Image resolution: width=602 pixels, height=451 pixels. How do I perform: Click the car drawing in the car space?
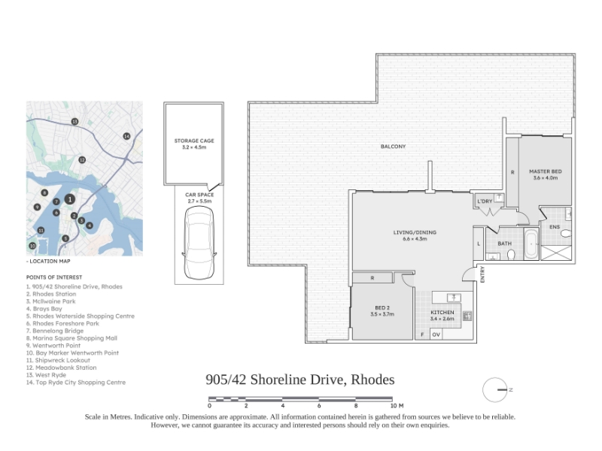coord(199,242)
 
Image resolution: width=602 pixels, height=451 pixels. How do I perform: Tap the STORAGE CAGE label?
coord(194,141)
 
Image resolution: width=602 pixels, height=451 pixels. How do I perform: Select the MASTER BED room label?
coord(545,171)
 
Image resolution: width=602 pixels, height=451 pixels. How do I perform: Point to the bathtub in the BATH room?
coord(531,244)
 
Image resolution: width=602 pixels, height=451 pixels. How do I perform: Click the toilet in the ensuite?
coord(566,233)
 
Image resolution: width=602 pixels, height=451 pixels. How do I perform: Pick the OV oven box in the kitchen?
coord(436,334)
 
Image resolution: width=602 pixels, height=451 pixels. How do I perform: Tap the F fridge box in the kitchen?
coord(422,334)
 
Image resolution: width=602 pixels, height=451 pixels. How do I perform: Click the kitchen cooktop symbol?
coord(467,316)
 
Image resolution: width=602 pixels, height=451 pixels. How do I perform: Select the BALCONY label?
coord(393,147)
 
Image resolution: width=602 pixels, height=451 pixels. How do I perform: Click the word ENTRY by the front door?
coord(482,274)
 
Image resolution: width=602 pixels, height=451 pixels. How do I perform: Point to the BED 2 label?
coord(382,307)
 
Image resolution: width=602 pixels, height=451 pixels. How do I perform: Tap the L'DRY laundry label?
coord(485,201)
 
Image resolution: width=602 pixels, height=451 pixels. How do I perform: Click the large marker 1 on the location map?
coord(69,199)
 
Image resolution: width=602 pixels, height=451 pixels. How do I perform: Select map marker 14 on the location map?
coord(126,136)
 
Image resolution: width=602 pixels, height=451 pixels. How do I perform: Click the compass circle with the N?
coord(495,390)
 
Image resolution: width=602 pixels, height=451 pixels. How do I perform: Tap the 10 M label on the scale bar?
coord(397,405)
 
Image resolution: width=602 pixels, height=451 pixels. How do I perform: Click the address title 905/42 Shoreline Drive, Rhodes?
coord(299,380)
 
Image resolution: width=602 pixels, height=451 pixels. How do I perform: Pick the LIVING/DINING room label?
coord(415,232)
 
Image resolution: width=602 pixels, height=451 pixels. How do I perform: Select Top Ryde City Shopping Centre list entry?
coord(76,383)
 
